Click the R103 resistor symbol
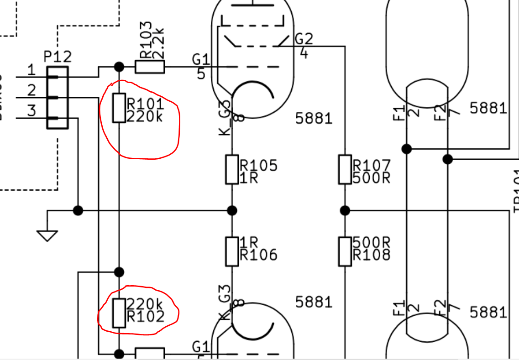point(150,67)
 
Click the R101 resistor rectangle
point(119,108)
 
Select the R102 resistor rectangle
point(119,313)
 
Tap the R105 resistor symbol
point(232,169)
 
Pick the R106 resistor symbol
point(232,251)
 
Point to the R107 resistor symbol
point(345,169)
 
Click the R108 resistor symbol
point(345,251)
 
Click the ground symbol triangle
point(47,235)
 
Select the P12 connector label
point(58,57)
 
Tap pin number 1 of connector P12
point(31,71)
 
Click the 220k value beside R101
point(144,117)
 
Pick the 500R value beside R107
point(372,177)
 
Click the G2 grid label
point(304,39)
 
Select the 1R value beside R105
point(249,177)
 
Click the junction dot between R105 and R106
point(232,210)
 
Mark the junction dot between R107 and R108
point(345,210)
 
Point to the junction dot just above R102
point(119,272)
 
